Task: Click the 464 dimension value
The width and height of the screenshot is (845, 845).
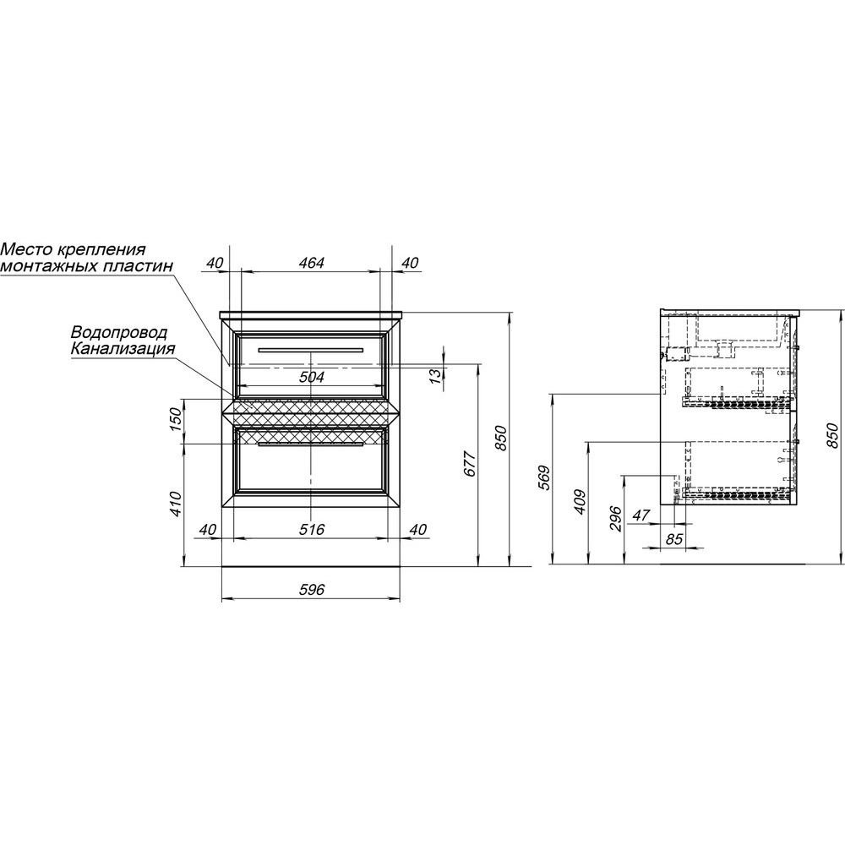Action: [x=312, y=263]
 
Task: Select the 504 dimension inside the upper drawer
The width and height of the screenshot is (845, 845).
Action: [x=312, y=377]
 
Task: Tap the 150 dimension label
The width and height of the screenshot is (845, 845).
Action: [x=177, y=419]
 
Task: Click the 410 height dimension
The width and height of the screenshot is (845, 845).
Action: [x=177, y=504]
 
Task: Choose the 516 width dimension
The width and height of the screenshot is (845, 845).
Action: [x=312, y=529]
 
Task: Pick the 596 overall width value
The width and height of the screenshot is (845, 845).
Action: [x=312, y=590]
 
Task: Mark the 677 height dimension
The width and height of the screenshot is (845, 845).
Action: [x=470, y=463]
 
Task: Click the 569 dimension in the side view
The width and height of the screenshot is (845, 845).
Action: [x=545, y=477]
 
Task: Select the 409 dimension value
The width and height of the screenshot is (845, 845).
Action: [x=580, y=502]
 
